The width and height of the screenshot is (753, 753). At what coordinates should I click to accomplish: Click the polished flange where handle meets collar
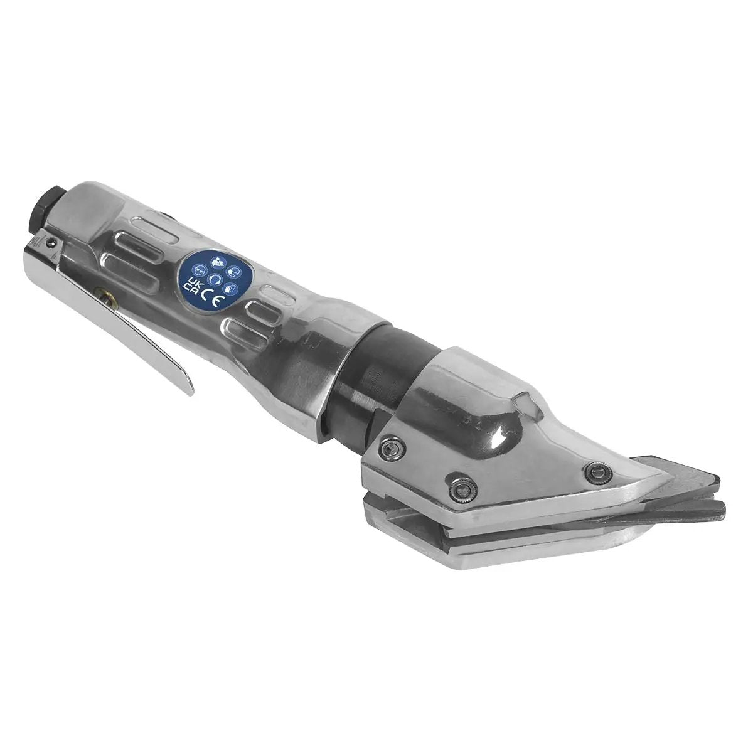[x=326, y=383]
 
